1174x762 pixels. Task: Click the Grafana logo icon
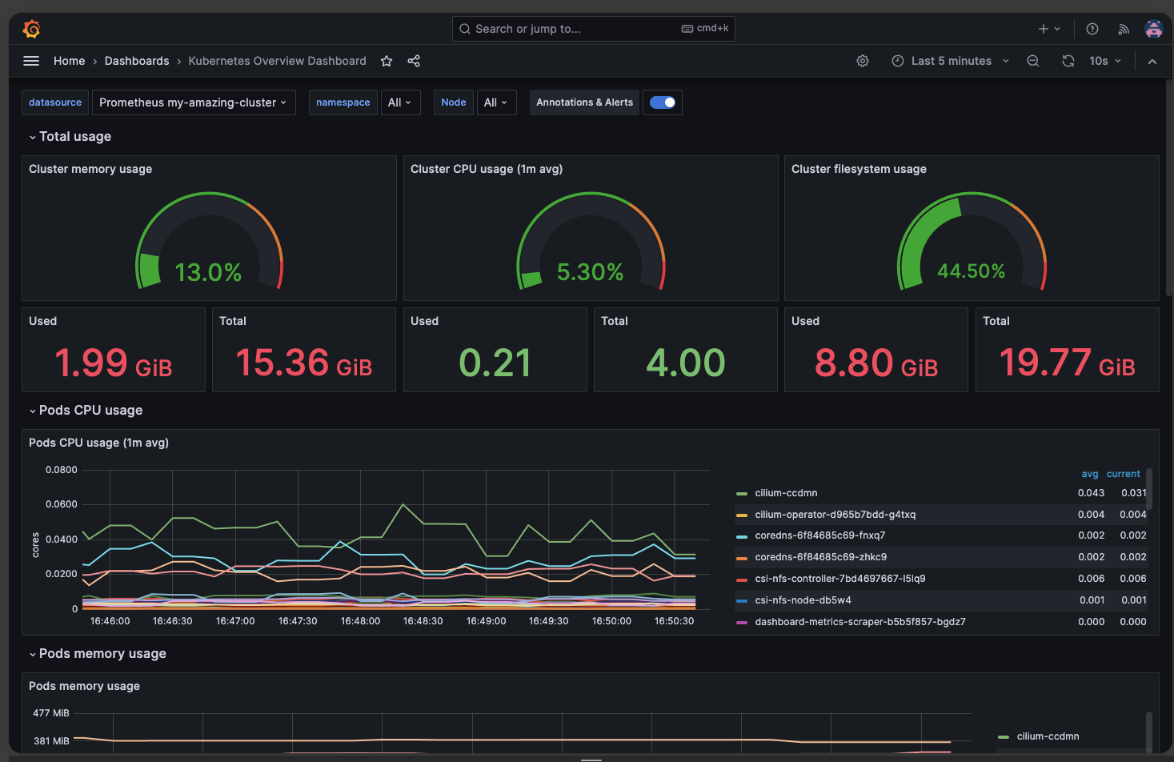(x=32, y=29)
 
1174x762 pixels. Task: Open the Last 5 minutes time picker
(x=951, y=61)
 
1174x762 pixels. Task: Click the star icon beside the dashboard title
(x=387, y=61)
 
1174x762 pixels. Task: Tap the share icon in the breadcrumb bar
(x=414, y=61)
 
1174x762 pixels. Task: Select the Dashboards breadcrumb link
(x=137, y=61)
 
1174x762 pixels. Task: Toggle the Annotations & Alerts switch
(x=662, y=102)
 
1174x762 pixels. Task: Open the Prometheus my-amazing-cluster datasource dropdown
(x=193, y=102)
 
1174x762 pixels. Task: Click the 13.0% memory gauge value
(x=208, y=273)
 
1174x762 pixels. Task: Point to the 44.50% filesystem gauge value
(x=971, y=271)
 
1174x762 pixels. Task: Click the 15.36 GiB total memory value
(x=304, y=363)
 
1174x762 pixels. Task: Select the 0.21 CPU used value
(x=495, y=363)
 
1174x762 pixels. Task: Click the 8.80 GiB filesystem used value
(x=875, y=363)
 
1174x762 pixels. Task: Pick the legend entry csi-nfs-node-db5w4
(x=803, y=600)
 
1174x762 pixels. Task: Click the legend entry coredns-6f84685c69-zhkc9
(x=820, y=557)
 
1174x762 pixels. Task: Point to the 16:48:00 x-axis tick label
(x=360, y=621)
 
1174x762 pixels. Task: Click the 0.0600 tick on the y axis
(x=62, y=504)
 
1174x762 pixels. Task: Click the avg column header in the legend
(x=1089, y=474)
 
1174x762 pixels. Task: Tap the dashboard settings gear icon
(x=863, y=61)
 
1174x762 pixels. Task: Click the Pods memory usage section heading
(x=102, y=654)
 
